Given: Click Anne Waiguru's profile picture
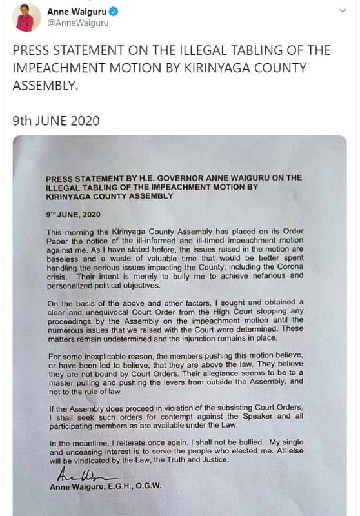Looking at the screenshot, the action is (x=25, y=17).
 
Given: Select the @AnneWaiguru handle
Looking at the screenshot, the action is (x=78, y=23).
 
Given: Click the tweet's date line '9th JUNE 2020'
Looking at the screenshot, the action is (x=57, y=120).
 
